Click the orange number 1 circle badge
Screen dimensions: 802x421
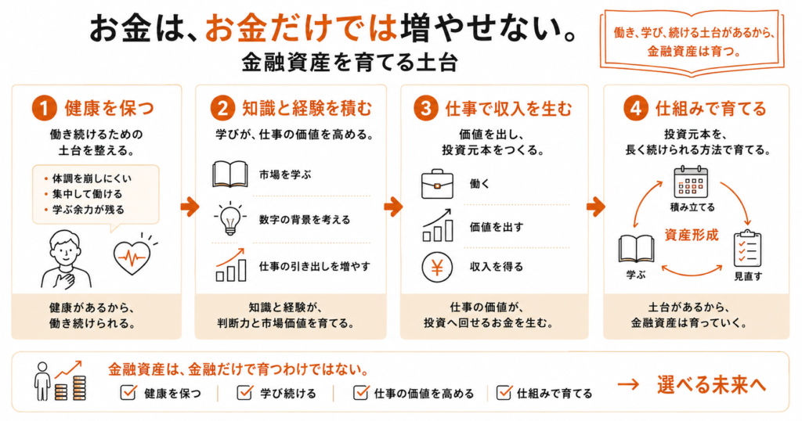coord(44,108)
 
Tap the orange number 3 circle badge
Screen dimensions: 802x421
coord(425,108)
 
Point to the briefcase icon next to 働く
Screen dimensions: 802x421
coord(437,184)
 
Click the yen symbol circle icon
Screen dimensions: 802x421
coord(437,267)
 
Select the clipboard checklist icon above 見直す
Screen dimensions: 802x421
coord(747,249)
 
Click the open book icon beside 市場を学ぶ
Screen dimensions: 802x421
coord(229,175)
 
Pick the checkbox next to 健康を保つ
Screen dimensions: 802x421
coord(128,392)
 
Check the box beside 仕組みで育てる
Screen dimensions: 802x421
coord(504,392)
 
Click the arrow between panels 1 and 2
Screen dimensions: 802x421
coord(190,207)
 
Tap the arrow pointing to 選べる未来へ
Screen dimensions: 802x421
coord(628,385)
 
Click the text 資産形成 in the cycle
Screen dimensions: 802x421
coord(692,235)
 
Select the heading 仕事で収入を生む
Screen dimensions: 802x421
coord(508,108)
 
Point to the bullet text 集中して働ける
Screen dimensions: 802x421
coord(87,194)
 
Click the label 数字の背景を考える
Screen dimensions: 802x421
coord(305,220)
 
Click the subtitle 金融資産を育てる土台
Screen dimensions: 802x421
coord(350,63)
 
